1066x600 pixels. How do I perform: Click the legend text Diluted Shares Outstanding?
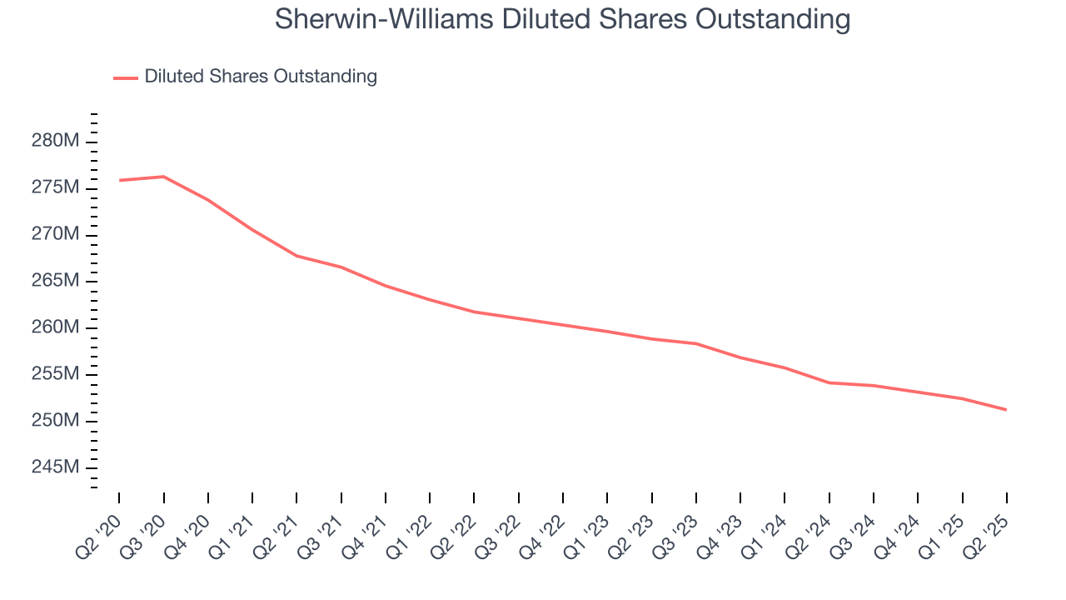tap(261, 77)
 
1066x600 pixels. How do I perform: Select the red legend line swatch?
tap(125, 77)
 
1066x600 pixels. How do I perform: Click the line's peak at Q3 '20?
tap(163, 177)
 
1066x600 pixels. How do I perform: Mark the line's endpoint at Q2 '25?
tap(1007, 409)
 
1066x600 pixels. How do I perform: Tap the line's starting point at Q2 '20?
tap(119, 180)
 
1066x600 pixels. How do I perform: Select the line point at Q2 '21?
tap(296, 256)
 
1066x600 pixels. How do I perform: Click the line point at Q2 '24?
tap(829, 382)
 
